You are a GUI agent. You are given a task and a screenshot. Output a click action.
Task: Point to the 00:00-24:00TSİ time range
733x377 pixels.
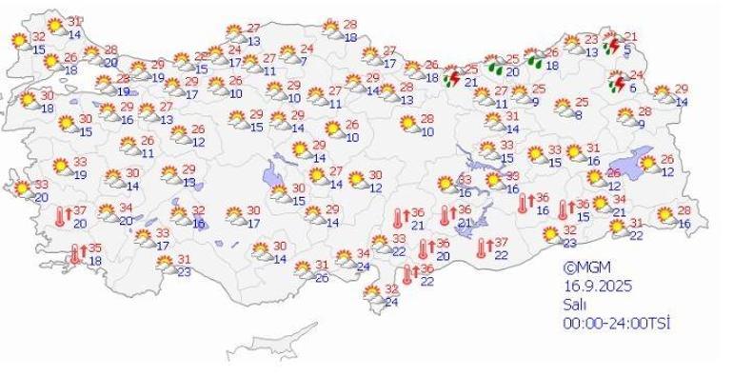[618, 324]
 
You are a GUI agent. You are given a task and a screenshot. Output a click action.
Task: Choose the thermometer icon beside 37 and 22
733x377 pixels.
[484, 248]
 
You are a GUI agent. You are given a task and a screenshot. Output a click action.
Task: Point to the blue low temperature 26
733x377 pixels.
[321, 278]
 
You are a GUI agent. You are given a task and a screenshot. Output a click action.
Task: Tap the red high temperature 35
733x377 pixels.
[96, 248]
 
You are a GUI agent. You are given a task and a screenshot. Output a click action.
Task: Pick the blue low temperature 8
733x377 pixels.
[578, 115]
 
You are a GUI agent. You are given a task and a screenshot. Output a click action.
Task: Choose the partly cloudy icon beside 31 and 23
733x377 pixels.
[167, 267]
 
